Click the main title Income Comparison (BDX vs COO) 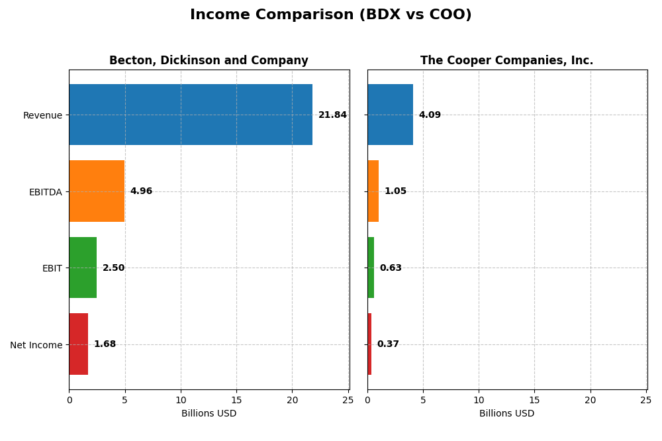[x=330, y=15]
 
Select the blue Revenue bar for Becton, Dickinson [x=191, y=115]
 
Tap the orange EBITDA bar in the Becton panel [x=97, y=191]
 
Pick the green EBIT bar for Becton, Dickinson [x=83, y=268]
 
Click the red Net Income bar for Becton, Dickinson [x=78, y=344]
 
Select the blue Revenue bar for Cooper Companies [x=390, y=115]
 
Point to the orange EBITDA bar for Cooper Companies [x=373, y=191]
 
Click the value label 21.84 [x=332, y=115]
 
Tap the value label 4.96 [x=141, y=191]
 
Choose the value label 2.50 [x=113, y=268]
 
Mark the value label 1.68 [x=105, y=344]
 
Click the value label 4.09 [x=430, y=115]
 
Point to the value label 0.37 [x=388, y=344]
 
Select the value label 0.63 [x=391, y=268]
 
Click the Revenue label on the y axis [x=42, y=116]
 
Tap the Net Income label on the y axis [x=36, y=345]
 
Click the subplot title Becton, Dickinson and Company [x=209, y=61]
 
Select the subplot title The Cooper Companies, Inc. [x=506, y=61]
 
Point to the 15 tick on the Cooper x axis [x=535, y=400]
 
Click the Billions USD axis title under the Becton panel [x=209, y=414]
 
